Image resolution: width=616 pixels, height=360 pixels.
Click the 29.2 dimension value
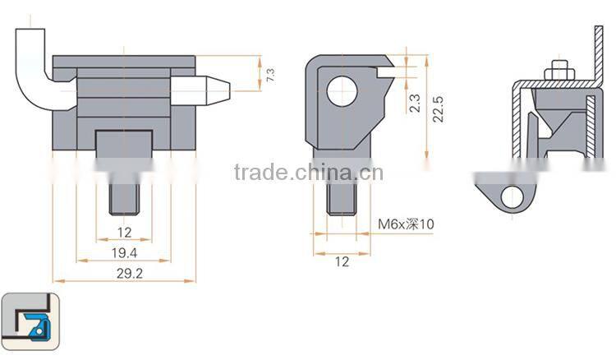point(124,274)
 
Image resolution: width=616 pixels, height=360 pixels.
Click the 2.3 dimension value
point(415,103)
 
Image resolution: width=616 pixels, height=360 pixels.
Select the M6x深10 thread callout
point(405,223)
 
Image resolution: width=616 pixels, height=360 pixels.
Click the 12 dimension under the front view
point(124,233)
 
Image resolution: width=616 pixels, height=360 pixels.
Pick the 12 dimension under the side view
point(342,261)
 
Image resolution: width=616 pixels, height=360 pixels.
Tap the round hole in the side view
point(342,90)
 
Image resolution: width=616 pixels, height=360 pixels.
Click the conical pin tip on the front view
point(215,90)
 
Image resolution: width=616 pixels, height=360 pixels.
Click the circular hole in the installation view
point(512,196)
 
